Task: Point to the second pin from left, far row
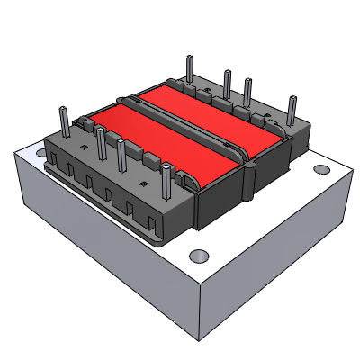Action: (x=226, y=82)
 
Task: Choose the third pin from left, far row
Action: (x=247, y=94)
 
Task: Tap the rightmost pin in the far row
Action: (x=292, y=109)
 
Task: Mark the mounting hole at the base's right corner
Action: (x=320, y=168)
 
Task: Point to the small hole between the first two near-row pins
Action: (x=83, y=141)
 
